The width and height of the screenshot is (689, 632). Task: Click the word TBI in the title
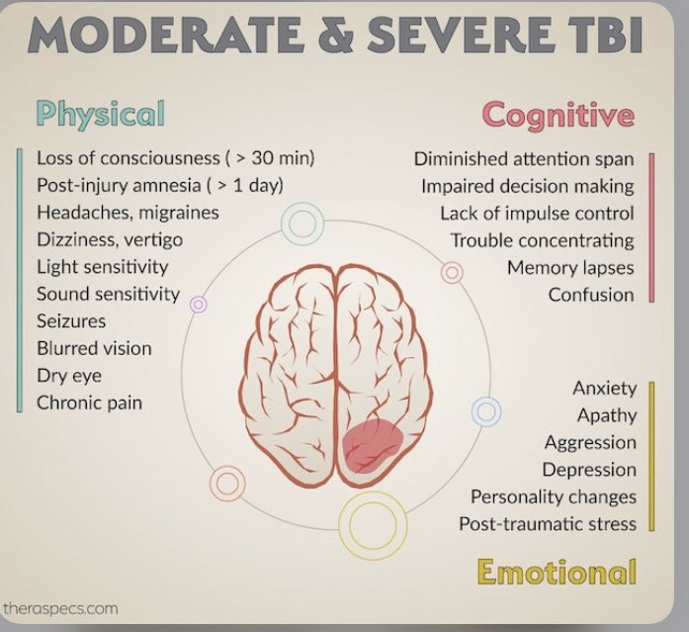pyautogui.click(x=606, y=38)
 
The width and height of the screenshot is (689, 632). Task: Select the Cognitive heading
pyautogui.click(x=559, y=115)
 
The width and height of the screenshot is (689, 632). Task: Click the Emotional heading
pyautogui.click(x=556, y=572)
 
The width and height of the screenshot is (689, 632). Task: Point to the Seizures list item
pyautogui.click(x=71, y=320)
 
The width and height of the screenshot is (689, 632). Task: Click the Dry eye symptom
pyautogui.click(x=69, y=375)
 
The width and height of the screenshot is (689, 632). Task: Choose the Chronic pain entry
pyautogui.click(x=89, y=402)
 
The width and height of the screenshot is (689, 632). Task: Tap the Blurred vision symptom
pyautogui.click(x=94, y=348)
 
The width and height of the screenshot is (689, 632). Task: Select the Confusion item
pyautogui.click(x=591, y=294)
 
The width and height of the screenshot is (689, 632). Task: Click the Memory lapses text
pyautogui.click(x=570, y=267)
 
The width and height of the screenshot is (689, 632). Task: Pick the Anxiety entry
pyautogui.click(x=605, y=389)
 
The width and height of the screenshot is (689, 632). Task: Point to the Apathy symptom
pyautogui.click(x=607, y=415)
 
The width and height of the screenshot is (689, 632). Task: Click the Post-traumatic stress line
pyautogui.click(x=548, y=523)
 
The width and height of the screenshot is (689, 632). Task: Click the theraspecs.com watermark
pyautogui.click(x=60, y=608)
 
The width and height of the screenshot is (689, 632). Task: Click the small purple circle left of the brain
pyautogui.click(x=198, y=305)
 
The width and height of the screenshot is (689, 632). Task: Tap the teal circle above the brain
pyautogui.click(x=302, y=224)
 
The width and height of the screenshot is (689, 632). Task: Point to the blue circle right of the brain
pyautogui.click(x=485, y=410)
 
